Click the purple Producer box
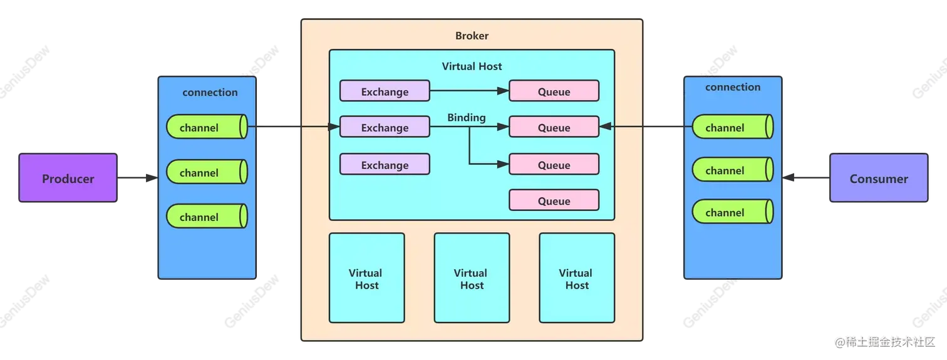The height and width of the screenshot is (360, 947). coord(68,178)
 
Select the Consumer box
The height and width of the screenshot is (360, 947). coord(878,178)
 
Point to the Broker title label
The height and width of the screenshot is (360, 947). coord(472,36)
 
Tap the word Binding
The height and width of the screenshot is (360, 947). coord(466,118)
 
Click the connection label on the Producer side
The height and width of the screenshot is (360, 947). coord(210,92)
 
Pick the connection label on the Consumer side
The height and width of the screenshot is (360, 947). coord(732,87)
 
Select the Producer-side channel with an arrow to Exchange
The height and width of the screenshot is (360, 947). coord(206,127)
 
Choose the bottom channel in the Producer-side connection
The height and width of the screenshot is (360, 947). coord(206,217)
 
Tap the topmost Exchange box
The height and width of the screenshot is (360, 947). coord(385,91)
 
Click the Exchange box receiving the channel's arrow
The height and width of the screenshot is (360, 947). coord(385,127)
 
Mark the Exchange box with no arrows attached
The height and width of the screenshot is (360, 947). coord(385,165)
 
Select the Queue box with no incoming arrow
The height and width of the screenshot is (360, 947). coord(554,200)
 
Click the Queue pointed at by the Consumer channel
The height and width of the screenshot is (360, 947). coord(554,127)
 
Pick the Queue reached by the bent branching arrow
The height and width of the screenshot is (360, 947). coord(554,165)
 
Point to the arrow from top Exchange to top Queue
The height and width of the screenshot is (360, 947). coord(468,91)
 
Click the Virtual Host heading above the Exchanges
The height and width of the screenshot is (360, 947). coord(472,66)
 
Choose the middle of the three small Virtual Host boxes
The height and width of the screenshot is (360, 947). coord(472,278)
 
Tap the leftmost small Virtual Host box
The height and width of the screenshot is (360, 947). coord(366,278)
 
